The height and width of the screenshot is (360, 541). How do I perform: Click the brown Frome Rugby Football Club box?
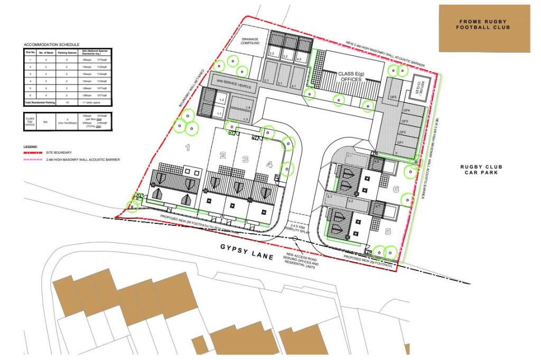tap(484, 29)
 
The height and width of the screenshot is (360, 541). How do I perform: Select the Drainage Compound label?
tap(251, 41)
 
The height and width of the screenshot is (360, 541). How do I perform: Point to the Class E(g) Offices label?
tap(350, 76)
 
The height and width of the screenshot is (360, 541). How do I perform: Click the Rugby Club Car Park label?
tap(483, 169)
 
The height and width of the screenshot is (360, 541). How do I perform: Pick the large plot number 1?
tap(187, 148)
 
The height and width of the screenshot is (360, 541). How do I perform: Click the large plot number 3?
tap(245, 159)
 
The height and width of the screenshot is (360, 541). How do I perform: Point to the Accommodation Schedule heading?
tap(51, 44)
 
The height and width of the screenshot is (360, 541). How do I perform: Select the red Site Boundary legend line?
tap(33, 152)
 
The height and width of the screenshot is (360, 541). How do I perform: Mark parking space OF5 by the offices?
tap(393, 97)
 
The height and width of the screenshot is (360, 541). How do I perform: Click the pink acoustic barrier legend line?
tap(33, 158)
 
